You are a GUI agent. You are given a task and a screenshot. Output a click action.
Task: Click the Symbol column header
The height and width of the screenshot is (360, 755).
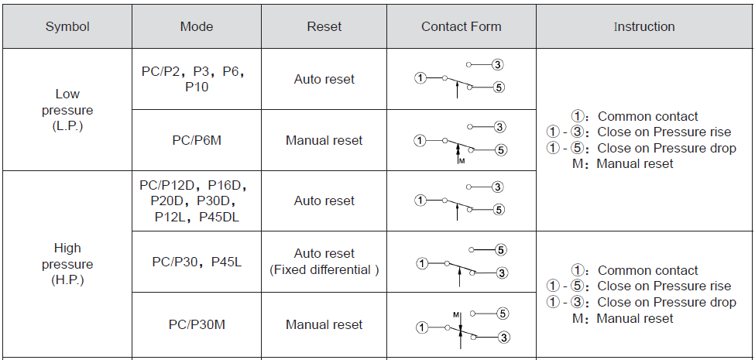(x=67, y=26)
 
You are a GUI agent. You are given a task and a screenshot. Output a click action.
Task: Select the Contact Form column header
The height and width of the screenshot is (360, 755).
(x=462, y=26)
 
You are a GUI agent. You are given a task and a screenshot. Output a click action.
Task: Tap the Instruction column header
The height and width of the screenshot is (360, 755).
(x=644, y=26)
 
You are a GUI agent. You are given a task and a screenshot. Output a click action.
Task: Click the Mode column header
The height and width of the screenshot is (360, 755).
(x=197, y=26)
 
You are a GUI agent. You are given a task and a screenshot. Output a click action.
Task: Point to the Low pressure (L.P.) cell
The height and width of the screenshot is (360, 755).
(x=67, y=110)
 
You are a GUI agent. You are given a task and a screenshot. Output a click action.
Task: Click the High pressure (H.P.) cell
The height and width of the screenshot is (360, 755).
(x=67, y=264)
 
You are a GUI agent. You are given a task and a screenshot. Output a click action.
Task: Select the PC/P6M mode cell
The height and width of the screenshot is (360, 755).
(x=197, y=141)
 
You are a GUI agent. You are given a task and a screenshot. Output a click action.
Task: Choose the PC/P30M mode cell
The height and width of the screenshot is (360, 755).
(x=197, y=324)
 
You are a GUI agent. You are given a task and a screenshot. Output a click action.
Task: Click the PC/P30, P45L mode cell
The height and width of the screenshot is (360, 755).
(x=197, y=262)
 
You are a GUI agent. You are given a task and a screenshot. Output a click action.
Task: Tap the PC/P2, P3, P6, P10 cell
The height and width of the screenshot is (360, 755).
(x=197, y=79)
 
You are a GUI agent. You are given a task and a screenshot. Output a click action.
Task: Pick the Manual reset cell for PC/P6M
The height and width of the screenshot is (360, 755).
(x=324, y=141)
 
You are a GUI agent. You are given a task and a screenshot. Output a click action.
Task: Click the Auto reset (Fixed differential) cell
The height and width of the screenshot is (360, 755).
(x=324, y=262)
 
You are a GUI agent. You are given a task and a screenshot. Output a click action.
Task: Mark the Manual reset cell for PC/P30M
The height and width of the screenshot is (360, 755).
(x=324, y=324)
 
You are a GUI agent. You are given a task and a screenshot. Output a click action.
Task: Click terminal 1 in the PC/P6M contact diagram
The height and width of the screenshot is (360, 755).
(x=420, y=141)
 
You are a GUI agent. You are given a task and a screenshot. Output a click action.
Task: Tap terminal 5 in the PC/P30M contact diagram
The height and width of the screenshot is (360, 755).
(x=503, y=314)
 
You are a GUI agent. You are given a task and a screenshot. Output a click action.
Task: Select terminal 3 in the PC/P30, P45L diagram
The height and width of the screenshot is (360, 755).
(x=502, y=273)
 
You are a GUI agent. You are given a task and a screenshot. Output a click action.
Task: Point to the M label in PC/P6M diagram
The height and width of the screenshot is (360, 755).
(x=462, y=161)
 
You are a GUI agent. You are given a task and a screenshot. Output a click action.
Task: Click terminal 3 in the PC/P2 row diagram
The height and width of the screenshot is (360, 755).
(x=498, y=64)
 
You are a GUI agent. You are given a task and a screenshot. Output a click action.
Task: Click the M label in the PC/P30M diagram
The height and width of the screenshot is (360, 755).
(x=455, y=315)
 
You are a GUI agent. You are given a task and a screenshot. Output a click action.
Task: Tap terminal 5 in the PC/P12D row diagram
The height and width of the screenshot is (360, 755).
(x=499, y=210)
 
